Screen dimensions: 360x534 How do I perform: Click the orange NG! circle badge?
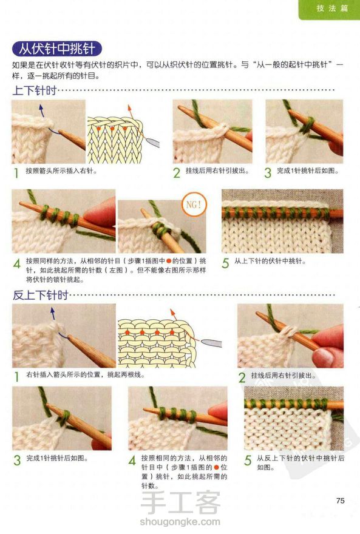point(194,204)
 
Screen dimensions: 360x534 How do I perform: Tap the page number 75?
point(340,500)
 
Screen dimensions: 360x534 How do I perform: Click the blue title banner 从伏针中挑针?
point(57,49)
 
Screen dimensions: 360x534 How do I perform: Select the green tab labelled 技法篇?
point(330,9)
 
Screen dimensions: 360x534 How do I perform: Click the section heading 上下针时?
point(35,90)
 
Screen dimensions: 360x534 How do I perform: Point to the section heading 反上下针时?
point(41,295)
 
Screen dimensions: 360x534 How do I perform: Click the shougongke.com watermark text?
point(180,522)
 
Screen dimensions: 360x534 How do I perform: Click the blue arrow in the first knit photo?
point(42,110)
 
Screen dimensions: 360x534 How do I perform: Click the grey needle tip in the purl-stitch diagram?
point(211,343)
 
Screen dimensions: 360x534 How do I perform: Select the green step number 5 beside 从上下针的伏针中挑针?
point(225,263)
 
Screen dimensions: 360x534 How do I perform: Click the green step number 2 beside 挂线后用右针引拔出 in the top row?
point(177,173)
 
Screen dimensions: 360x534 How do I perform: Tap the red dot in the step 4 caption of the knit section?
point(168,261)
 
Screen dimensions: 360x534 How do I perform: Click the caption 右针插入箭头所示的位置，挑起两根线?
point(86,374)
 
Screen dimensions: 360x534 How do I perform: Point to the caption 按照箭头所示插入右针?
point(61,171)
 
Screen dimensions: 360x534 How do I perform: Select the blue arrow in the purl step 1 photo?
point(53,314)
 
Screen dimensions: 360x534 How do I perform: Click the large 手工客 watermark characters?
point(180,502)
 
